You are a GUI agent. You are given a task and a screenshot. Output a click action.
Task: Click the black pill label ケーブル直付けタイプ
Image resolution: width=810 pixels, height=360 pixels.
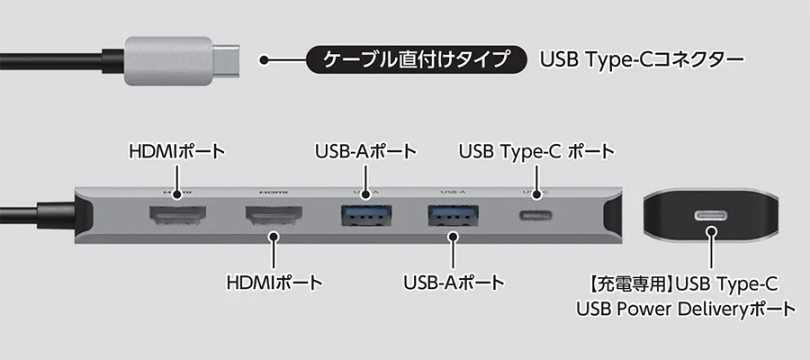[x=416, y=60]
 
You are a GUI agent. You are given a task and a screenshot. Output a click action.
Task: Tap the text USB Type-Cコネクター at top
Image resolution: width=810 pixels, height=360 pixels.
[x=642, y=60]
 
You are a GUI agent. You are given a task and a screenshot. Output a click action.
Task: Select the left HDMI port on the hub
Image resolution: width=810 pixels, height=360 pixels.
[x=178, y=217]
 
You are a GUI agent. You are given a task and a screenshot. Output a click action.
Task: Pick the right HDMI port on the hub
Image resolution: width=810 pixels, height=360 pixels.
[x=272, y=217]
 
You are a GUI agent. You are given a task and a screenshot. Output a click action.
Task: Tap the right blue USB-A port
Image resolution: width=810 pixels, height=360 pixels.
[x=452, y=217]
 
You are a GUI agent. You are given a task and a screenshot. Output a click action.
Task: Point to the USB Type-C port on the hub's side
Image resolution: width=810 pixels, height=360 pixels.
[x=536, y=217]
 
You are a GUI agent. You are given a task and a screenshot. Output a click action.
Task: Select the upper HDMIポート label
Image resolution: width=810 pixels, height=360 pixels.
[x=176, y=148]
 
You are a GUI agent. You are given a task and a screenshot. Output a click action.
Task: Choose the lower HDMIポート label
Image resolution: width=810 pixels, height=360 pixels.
[x=274, y=283]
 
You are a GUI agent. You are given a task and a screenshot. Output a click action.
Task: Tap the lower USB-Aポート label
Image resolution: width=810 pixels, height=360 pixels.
[x=454, y=283]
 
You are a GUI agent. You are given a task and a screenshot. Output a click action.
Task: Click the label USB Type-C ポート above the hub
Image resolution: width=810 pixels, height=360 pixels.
[x=536, y=148]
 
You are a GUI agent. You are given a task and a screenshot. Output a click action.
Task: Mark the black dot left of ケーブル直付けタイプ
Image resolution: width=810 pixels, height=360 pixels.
[x=265, y=60]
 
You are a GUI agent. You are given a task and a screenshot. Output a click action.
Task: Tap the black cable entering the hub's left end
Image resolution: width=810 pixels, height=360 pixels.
[x=36, y=216]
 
